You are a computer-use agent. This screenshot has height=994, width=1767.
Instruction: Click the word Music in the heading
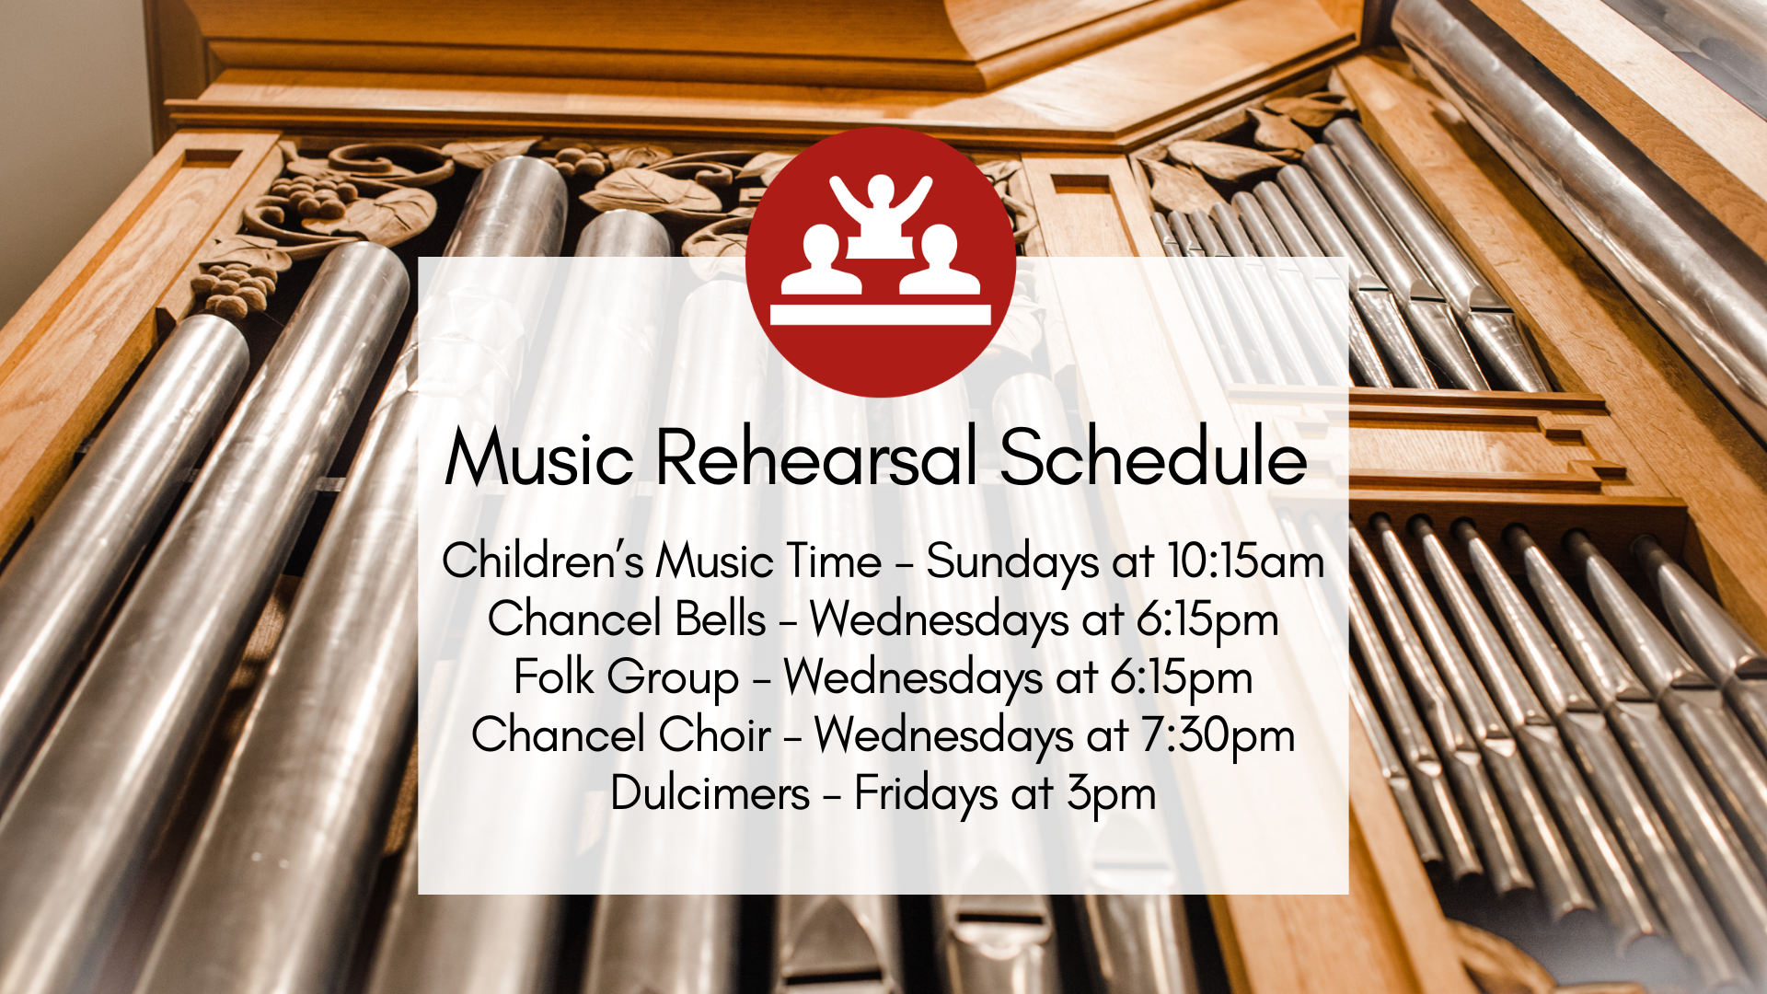click(539, 457)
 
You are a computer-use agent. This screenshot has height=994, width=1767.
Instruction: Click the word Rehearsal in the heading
click(815, 457)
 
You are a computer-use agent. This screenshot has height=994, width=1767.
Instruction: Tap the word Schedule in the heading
click(1153, 457)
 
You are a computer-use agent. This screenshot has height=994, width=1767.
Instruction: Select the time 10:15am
click(1246, 561)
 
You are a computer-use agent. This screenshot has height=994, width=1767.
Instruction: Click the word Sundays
click(1012, 562)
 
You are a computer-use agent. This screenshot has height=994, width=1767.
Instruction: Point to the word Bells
click(721, 618)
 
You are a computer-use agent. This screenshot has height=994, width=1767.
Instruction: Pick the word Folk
click(554, 677)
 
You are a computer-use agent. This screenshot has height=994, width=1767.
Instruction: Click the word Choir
click(715, 735)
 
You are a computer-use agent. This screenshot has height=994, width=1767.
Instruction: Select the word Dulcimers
click(710, 793)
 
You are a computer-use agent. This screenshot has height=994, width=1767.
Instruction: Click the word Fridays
click(926, 794)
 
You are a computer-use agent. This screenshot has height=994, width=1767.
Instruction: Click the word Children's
click(542, 561)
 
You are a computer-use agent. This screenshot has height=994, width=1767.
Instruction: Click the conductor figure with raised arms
click(881, 212)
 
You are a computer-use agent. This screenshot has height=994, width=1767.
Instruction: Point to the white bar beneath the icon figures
click(881, 315)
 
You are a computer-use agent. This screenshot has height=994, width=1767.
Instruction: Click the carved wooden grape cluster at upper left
click(313, 198)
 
